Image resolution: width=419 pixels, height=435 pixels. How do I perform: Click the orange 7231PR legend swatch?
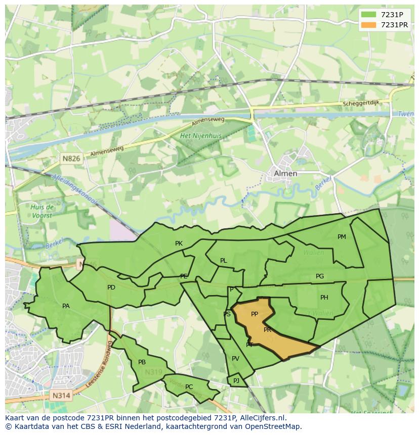(x=369, y=25)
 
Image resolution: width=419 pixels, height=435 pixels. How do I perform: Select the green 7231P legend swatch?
(x=369, y=15)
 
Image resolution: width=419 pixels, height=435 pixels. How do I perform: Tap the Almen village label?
(x=285, y=173)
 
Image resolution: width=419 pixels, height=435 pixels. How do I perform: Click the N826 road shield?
(x=71, y=159)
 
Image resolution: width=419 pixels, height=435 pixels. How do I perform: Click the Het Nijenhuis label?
(x=201, y=136)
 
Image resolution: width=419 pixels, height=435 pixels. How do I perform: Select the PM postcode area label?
(x=342, y=236)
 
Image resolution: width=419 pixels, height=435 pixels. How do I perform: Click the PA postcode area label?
(x=66, y=306)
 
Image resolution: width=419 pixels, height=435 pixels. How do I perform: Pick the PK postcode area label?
(x=179, y=244)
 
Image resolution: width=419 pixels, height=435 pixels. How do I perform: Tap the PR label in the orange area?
(x=268, y=329)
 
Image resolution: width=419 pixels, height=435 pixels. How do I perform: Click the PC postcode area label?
(x=189, y=387)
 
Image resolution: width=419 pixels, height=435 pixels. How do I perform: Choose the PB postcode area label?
(x=142, y=362)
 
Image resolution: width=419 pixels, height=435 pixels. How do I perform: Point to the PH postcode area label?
(x=324, y=298)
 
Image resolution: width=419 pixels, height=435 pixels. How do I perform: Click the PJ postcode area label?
(x=236, y=380)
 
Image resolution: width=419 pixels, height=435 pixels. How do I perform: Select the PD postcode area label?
(x=111, y=287)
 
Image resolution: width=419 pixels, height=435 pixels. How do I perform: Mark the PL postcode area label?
(x=223, y=261)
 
